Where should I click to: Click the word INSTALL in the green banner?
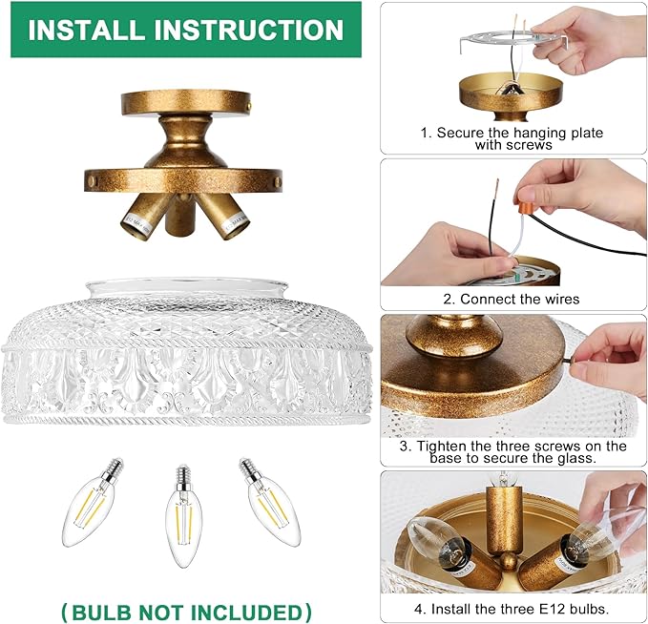pyautogui.click(x=87, y=30)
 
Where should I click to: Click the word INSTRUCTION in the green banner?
pyautogui.click(x=249, y=30)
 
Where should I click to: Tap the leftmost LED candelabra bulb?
pyautogui.click(x=94, y=501)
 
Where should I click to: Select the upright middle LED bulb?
pyautogui.click(x=184, y=516)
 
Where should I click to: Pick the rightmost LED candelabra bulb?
pyautogui.click(x=270, y=501)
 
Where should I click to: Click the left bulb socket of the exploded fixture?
pyautogui.click(x=145, y=216)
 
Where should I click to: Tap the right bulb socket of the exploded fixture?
pyautogui.click(x=224, y=216)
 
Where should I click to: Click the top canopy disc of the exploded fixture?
pyautogui.click(x=186, y=102)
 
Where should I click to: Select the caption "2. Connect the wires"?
pyautogui.click(x=512, y=299)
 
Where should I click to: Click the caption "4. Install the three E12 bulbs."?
pyautogui.click(x=512, y=609)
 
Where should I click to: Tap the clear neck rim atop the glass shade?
pyautogui.click(x=187, y=287)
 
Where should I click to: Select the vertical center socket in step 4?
pyautogui.click(x=503, y=522)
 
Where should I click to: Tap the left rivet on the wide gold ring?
pyautogui.click(x=93, y=180)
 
